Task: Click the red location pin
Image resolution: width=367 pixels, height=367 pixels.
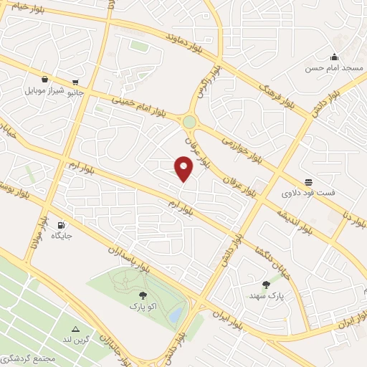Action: point(184,169)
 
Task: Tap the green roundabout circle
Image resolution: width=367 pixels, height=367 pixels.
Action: point(189,122)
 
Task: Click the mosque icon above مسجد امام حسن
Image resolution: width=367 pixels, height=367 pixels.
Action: point(333,57)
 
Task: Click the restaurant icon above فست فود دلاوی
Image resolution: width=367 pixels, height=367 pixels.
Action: point(308,182)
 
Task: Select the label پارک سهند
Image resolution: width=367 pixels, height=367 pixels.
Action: point(267,295)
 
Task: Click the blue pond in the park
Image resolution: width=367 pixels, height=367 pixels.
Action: point(174,315)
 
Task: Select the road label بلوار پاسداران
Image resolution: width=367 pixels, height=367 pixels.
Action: point(129,259)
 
